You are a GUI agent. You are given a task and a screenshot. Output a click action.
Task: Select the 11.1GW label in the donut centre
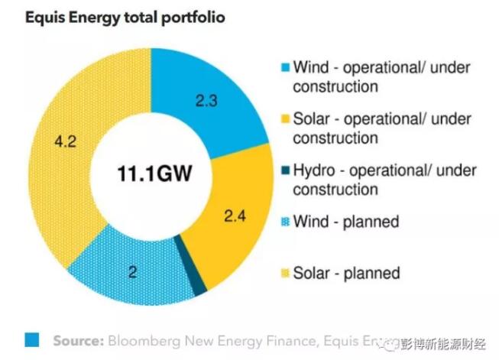coord(153,172)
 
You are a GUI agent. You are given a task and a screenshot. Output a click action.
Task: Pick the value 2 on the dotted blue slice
coord(132,271)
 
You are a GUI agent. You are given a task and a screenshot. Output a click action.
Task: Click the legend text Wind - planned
coord(346,222)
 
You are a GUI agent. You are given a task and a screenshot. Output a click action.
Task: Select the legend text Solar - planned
coord(346,273)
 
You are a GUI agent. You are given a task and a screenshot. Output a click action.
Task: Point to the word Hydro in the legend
coord(314,170)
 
